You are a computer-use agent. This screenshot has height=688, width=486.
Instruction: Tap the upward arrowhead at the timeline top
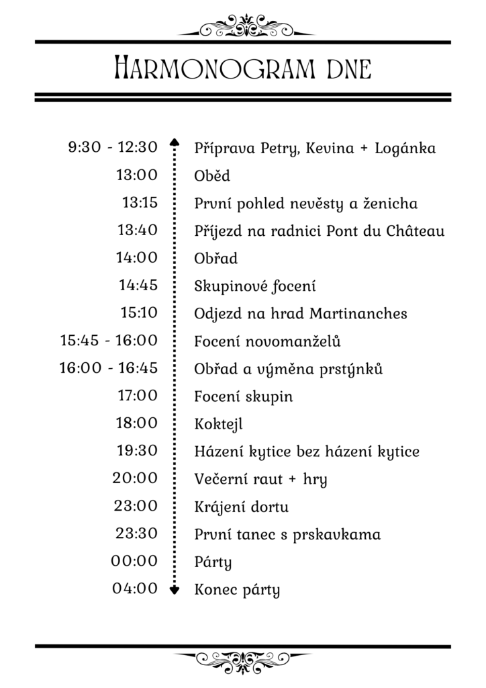pos(175,142)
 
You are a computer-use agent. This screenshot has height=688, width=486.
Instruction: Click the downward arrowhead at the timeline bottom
pos(175,591)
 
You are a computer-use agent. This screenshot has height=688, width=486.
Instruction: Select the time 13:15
pos(140,202)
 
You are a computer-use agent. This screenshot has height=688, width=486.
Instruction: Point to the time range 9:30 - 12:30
pos(112,147)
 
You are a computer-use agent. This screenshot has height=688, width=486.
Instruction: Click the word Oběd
pos(212,176)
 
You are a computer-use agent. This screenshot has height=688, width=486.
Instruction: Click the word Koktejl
pos(217,424)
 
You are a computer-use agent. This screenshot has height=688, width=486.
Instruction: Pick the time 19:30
pos(137,451)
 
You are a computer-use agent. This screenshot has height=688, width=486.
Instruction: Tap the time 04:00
pos(135,589)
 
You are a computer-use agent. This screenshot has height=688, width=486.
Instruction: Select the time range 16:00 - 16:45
pos(108,368)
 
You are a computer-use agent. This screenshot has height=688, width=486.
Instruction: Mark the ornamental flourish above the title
pos(242,26)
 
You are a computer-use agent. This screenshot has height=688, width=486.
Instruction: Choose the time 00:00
pos(135,561)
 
